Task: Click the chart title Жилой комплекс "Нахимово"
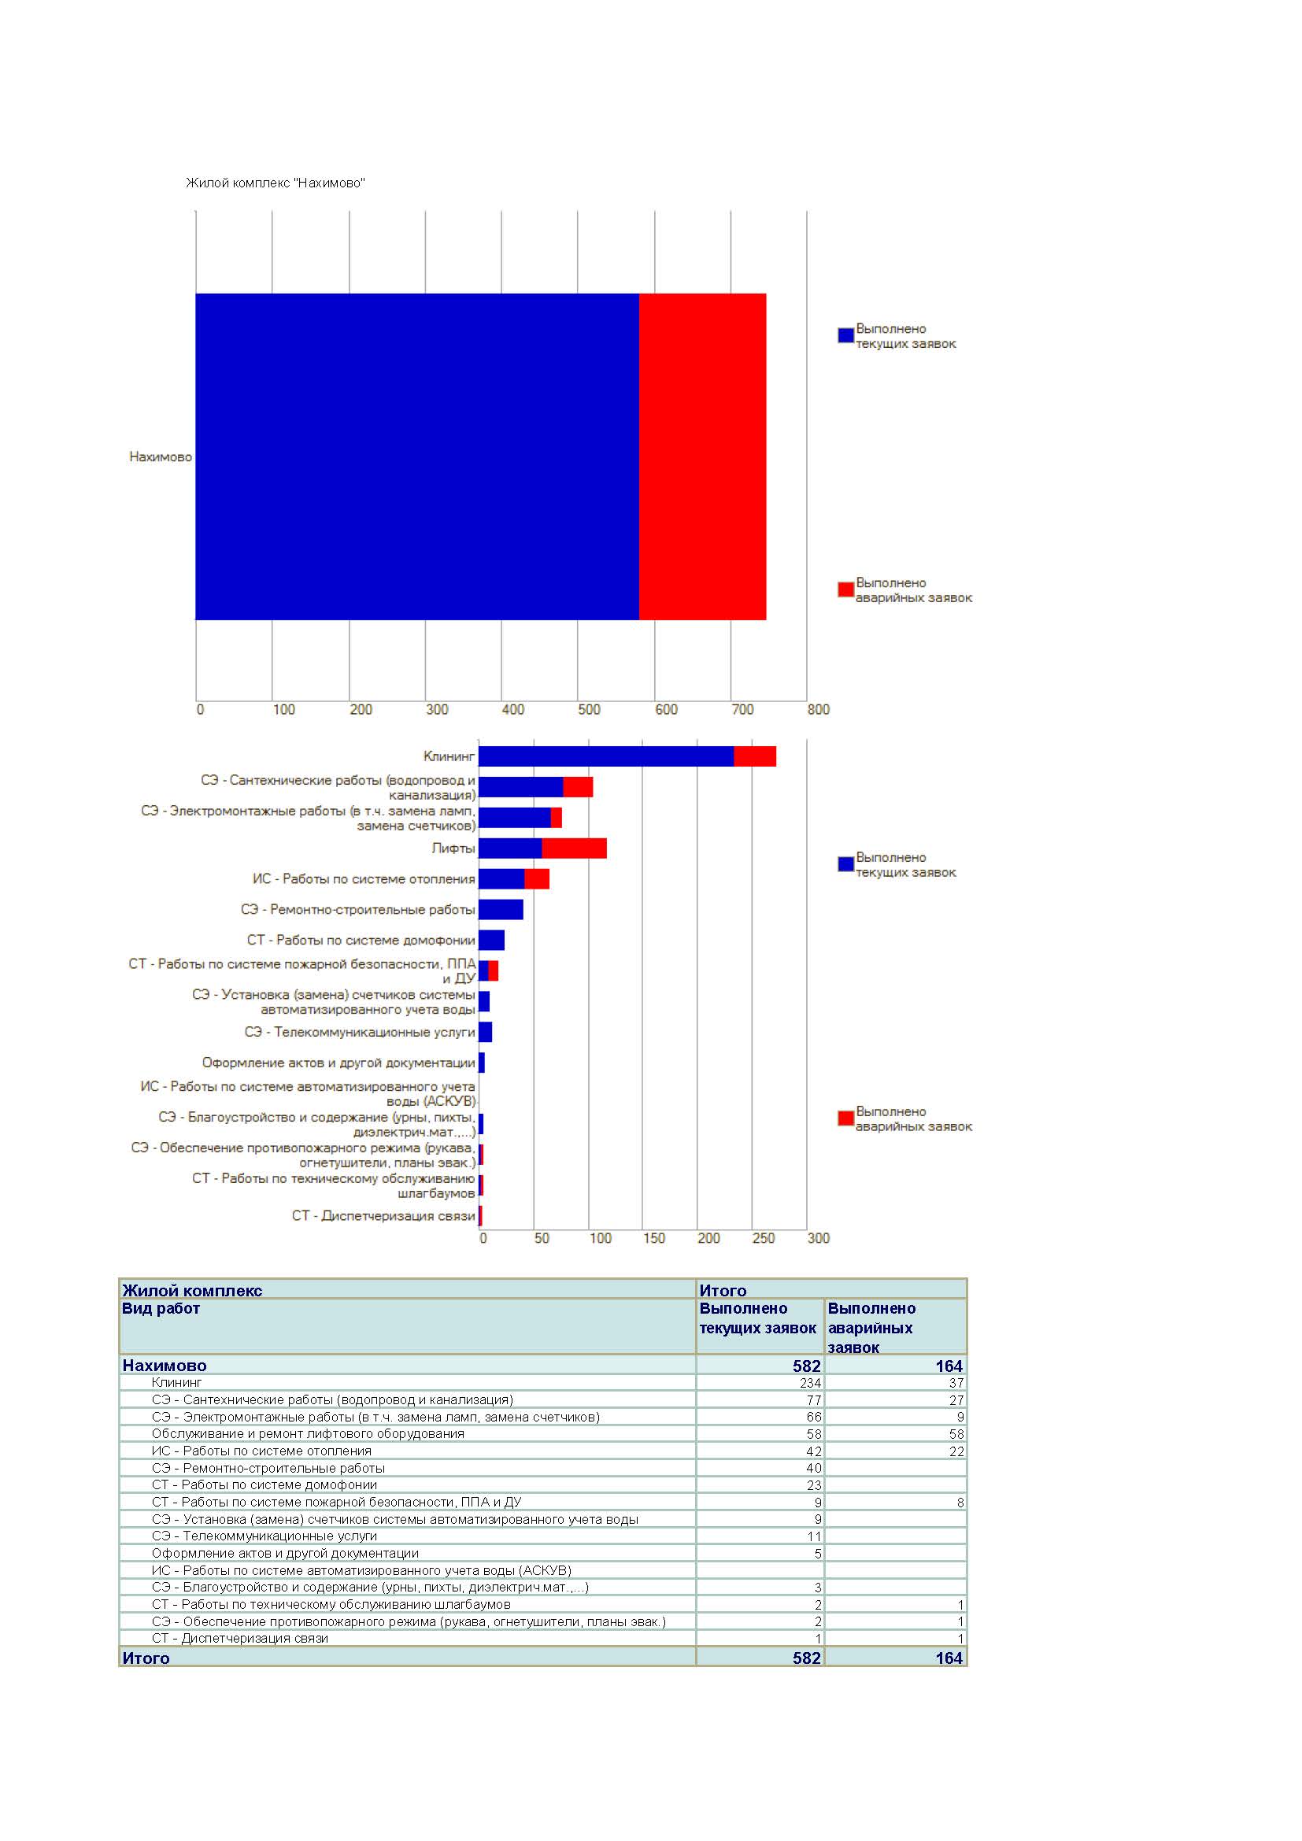275,183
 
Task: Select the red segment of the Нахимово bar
702,457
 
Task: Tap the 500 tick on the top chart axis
589,710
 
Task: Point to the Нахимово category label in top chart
161,457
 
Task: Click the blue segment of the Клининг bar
605,756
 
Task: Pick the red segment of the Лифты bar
574,848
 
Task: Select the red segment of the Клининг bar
754,756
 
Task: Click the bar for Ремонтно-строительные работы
501,909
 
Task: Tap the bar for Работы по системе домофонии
490,940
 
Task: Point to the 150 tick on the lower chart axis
653,1238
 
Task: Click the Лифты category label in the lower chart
453,848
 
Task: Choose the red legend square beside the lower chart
845,1118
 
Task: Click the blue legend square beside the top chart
845,335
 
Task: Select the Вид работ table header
161,1309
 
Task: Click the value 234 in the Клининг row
810,1382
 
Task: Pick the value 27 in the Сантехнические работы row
956,1400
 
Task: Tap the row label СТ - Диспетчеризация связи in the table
240,1638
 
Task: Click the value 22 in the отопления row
956,1451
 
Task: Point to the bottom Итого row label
145,1658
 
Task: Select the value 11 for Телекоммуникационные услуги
813,1536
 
